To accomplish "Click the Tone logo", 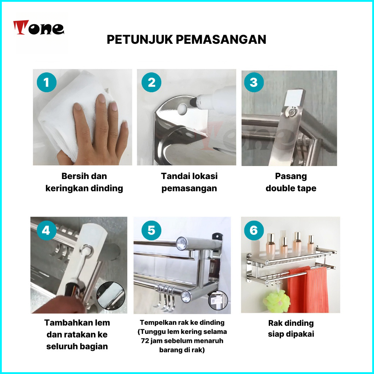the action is click(39, 27).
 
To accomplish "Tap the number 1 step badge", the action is click(47, 82).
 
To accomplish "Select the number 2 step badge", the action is click(151, 82).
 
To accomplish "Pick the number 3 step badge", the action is click(254, 82).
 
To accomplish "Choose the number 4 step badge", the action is click(46, 230).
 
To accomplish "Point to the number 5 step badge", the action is click(151, 230).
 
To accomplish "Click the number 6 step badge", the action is click(254, 230).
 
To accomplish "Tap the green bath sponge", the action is click(277, 301).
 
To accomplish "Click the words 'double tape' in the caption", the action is click(291, 188).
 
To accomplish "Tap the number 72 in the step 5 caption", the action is click(145, 341).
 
